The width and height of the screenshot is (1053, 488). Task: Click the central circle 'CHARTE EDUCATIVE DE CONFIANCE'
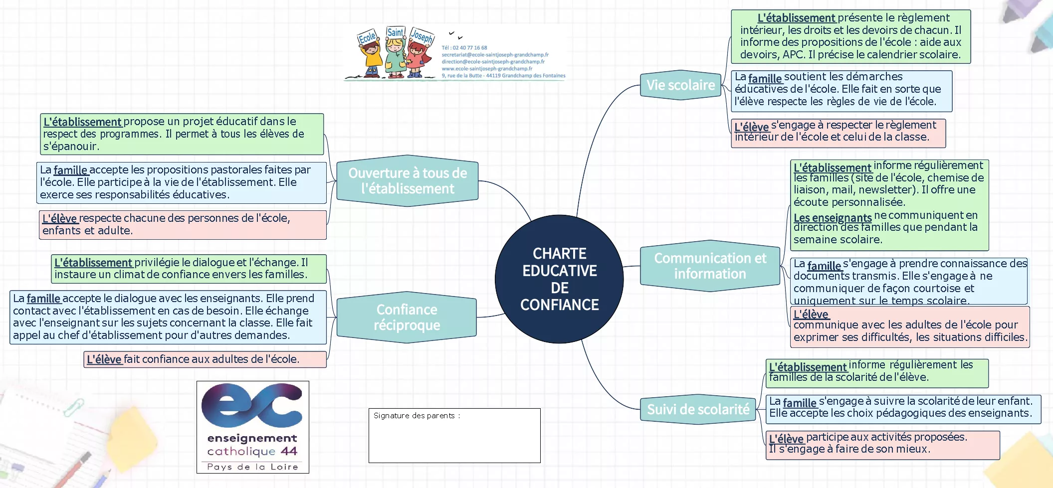pos(559,279)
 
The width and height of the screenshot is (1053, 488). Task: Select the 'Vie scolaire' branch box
pos(680,85)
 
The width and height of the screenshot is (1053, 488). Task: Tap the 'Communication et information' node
pos(710,266)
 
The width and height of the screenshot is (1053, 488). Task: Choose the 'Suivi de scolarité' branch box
pos(698,410)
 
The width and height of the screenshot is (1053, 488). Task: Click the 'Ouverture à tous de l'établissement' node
pos(407,181)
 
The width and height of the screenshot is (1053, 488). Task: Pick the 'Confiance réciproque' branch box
pos(407,318)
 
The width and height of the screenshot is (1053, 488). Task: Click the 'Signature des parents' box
pos(454,436)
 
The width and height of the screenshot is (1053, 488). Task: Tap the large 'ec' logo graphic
pos(252,406)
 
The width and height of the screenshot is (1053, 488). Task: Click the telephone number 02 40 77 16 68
pos(464,48)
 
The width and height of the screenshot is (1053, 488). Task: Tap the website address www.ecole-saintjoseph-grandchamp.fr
pos(487,69)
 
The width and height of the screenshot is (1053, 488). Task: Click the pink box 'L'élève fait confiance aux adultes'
pos(205,359)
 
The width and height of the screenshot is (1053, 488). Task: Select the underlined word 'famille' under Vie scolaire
pos(765,78)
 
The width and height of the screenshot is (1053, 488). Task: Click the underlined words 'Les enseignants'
pos(832,218)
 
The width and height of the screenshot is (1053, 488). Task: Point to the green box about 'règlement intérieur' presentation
pos(850,36)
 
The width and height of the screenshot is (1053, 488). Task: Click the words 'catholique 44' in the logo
pos(252,452)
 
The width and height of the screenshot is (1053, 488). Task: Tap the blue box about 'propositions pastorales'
pos(182,182)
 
